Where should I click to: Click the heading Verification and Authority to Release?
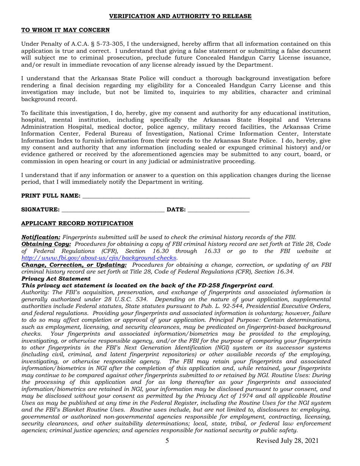coord(180,16)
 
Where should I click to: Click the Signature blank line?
coord(113,210)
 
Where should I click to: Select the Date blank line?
coord(218,210)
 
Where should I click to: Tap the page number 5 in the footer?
coord(167,441)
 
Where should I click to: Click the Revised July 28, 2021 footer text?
coord(287,441)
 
